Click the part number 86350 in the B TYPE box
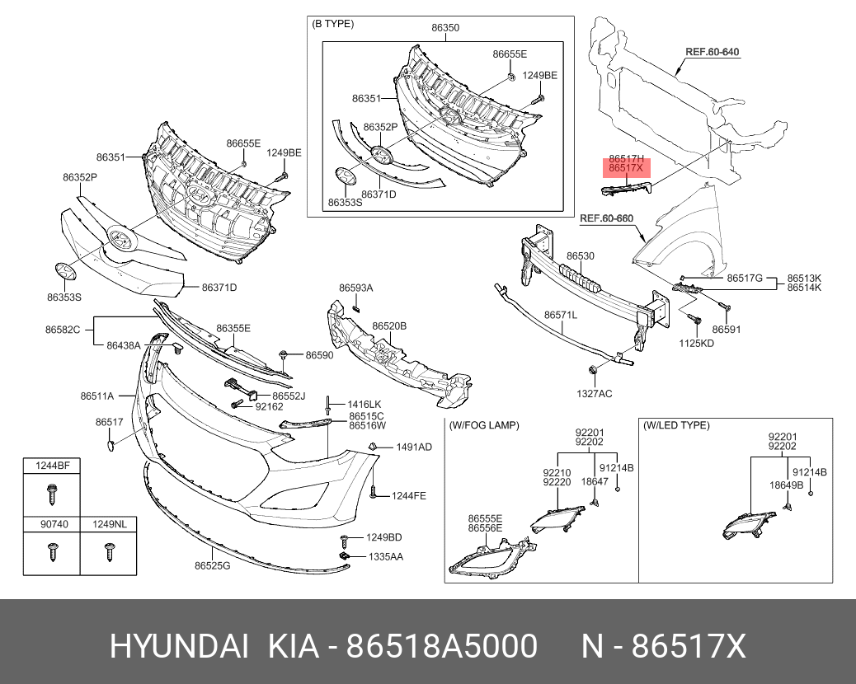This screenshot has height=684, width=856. [445, 27]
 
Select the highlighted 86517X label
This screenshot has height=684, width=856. [625, 168]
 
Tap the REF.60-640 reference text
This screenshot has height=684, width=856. [713, 52]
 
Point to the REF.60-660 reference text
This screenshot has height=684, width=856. [606, 218]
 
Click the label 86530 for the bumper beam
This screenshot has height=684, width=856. [580, 256]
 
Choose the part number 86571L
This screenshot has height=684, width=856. [560, 315]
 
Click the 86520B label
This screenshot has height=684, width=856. [389, 326]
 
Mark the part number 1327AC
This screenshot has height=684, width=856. [594, 394]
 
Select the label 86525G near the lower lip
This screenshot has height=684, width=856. [212, 565]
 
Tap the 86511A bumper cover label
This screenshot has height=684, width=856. [97, 396]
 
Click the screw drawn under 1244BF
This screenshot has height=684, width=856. [50, 495]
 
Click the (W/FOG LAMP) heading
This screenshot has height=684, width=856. [484, 425]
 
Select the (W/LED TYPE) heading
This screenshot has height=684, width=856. [676, 425]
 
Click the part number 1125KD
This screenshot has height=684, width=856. [697, 343]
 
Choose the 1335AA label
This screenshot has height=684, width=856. [386, 557]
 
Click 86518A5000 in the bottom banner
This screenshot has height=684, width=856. [442, 646]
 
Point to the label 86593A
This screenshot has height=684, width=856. [355, 288]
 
